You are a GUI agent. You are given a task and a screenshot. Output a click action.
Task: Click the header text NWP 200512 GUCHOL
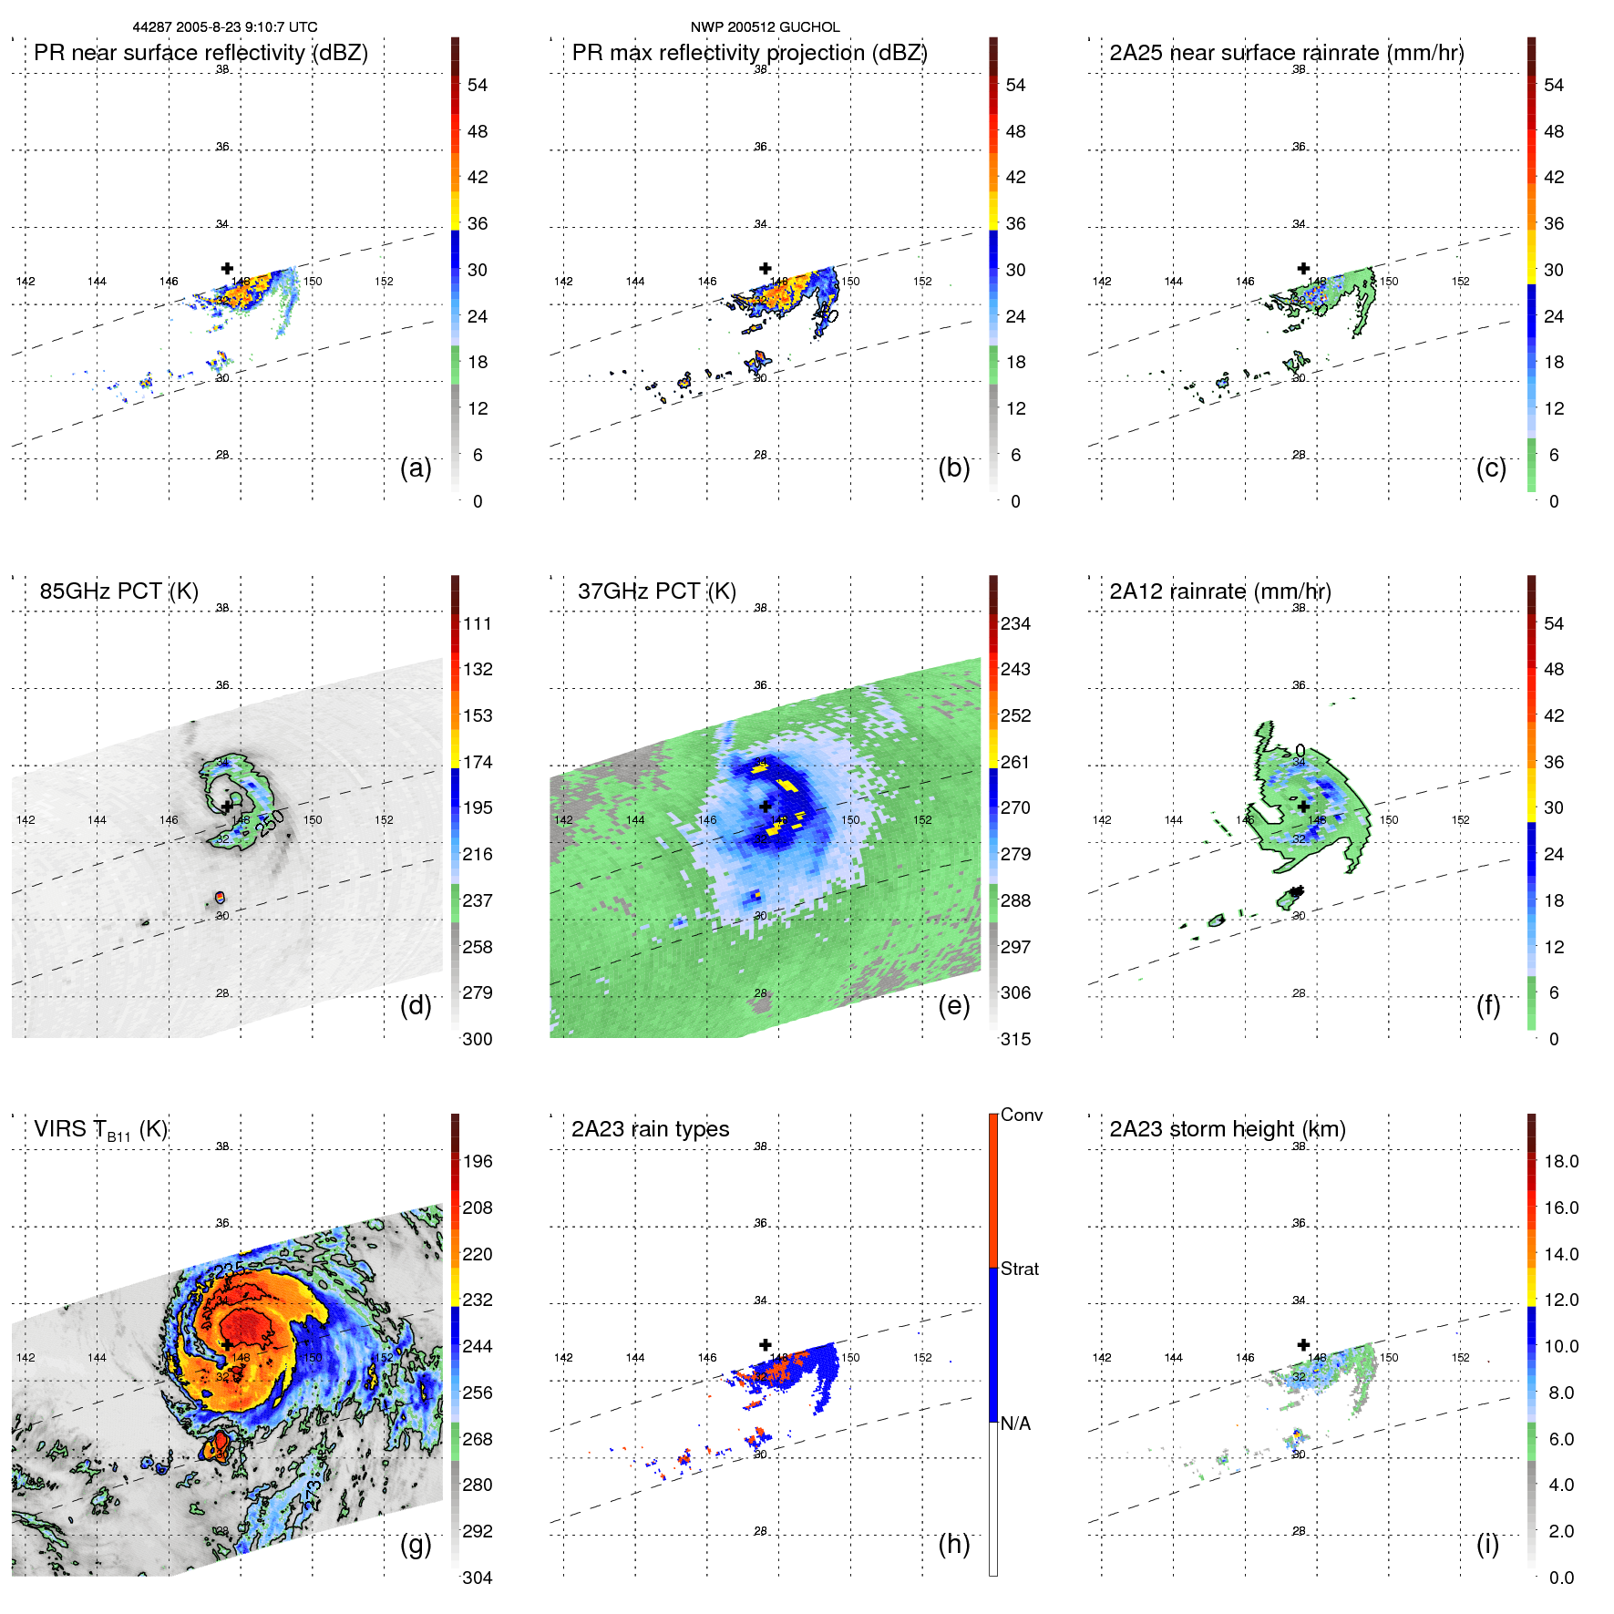(765, 27)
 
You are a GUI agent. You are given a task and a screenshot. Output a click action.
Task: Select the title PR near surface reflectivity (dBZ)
(200, 53)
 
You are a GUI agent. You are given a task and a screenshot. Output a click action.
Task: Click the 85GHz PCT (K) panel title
(118, 591)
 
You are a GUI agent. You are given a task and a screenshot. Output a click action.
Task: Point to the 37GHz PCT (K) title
(656, 591)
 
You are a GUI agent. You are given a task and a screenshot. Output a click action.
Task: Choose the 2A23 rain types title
(650, 1129)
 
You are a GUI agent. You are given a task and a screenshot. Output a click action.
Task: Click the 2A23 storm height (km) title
(1227, 1129)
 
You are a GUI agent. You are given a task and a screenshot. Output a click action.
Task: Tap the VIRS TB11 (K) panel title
(100, 1130)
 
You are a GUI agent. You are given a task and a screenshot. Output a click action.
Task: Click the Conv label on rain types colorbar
(1021, 1115)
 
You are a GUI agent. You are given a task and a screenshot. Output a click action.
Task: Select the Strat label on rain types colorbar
(1019, 1269)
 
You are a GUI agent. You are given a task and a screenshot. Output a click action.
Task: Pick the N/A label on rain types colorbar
(1015, 1424)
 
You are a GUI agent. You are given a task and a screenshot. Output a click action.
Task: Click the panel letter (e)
(953, 1005)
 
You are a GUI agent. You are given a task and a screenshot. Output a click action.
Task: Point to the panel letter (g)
(416, 1544)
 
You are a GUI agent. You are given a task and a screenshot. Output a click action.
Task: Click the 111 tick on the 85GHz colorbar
(477, 623)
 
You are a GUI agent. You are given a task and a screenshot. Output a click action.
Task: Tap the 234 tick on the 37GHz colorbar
(1015, 623)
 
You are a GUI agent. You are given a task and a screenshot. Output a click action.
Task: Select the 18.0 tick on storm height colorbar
(1560, 1161)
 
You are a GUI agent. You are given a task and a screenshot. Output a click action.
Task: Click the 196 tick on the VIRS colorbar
(477, 1161)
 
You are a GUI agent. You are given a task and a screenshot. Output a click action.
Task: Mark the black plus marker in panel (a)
(227, 268)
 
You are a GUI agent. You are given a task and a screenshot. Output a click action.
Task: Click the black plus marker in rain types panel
(766, 1344)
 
